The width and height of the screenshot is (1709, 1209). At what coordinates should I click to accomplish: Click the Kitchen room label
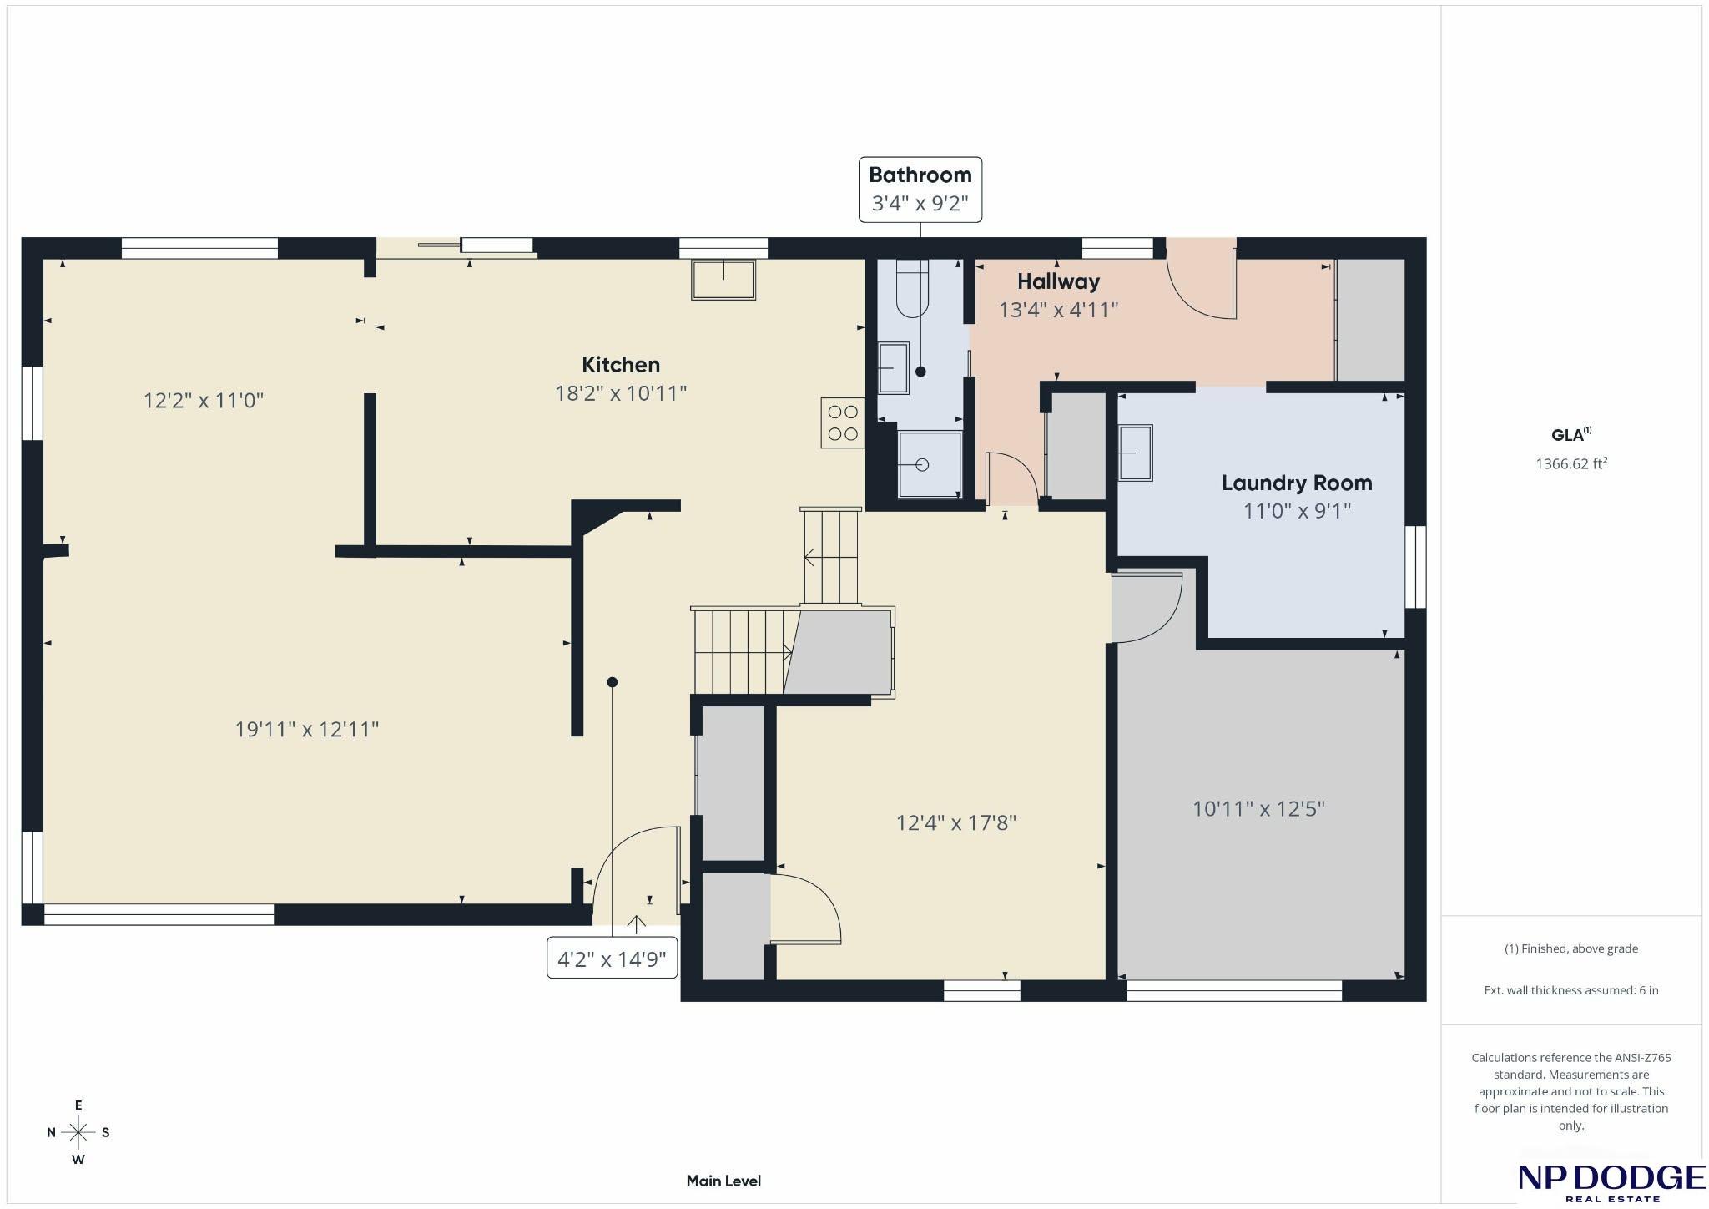click(620, 365)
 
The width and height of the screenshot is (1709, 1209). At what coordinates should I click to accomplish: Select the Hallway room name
click(1058, 281)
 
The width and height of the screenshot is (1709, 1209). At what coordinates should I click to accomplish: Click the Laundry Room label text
click(1297, 483)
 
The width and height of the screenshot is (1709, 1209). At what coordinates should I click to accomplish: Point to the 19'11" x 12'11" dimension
click(307, 729)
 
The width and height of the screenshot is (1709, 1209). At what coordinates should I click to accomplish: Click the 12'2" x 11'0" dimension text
click(204, 400)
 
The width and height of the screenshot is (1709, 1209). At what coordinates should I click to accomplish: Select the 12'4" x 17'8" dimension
click(955, 822)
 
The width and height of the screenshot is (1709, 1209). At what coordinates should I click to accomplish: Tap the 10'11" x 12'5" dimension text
click(1258, 808)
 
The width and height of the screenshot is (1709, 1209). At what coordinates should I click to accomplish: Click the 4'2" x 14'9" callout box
click(612, 959)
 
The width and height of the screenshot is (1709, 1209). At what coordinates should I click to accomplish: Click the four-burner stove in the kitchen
click(842, 422)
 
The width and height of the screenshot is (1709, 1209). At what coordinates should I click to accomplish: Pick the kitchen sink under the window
click(723, 280)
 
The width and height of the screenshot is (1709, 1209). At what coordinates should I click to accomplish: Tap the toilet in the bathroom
click(911, 288)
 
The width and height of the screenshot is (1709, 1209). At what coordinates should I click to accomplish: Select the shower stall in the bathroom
click(929, 464)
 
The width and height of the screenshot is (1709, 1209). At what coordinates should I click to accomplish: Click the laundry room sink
click(1135, 453)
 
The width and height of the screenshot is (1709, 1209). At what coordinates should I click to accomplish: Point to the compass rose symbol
click(78, 1132)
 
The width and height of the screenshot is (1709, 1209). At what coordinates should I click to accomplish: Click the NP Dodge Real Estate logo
click(1611, 1183)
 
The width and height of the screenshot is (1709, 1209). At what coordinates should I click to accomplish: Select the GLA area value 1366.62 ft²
click(1571, 463)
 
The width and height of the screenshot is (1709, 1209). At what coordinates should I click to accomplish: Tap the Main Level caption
click(723, 1181)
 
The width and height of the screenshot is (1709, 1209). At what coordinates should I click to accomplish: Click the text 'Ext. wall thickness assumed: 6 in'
click(1571, 990)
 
